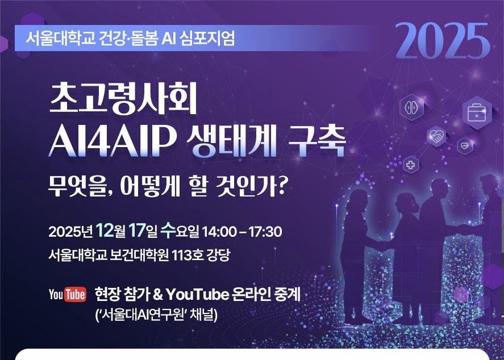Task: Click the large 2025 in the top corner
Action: click(x=443, y=41)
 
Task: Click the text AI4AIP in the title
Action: click(x=113, y=142)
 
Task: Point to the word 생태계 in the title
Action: click(x=232, y=141)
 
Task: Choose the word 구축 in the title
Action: click(x=317, y=141)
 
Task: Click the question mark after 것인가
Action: click(x=281, y=186)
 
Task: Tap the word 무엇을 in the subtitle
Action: click(x=77, y=186)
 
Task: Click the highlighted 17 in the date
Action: click(x=136, y=231)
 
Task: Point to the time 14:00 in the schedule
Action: click(x=219, y=232)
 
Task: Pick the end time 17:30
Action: click(x=265, y=232)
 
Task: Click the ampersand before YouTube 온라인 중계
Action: click(x=157, y=295)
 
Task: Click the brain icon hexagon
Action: click(x=412, y=107)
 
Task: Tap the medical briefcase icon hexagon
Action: click(x=477, y=112)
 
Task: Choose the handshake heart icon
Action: click(x=436, y=137)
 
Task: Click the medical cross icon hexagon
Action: click(x=411, y=165)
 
